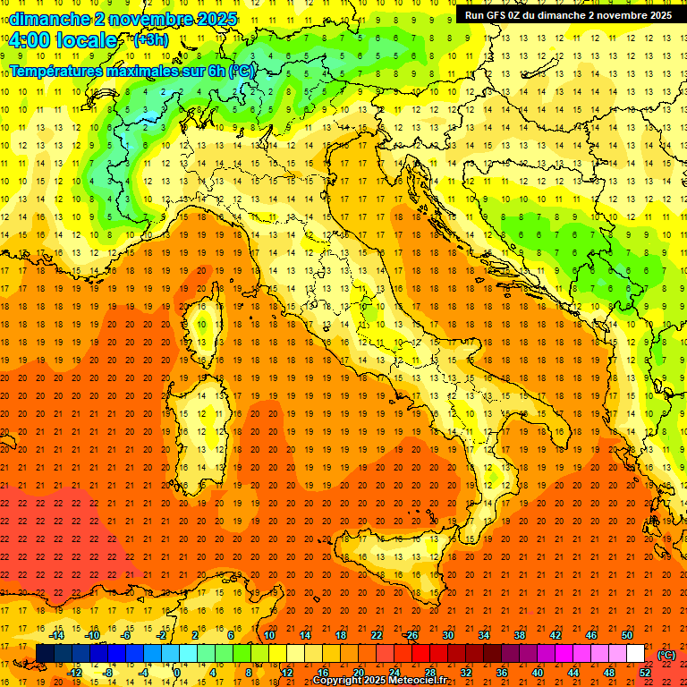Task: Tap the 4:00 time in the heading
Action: pyautogui.click(x=30, y=40)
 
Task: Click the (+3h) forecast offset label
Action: pyautogui.click(x=149, y=39)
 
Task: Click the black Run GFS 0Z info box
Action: pyautogui.click(x=567, y=14)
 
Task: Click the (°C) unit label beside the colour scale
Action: pyautogui.click(x=666, y=654)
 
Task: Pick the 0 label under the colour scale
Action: pyautogui.click(x=177, y=673)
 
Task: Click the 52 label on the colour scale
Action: pyautogui.click(x=645, y=673)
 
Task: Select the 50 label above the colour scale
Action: pyautogui.click(x=627, y=635)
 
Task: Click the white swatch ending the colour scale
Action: pyautogui.click(x=636, y=654)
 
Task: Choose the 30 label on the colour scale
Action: pyautogui.click(x=448, y=635)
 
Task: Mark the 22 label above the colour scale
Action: pyautogui.click(x=377, y=635)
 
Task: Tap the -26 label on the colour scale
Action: pyautogui.click(x=411, y=635)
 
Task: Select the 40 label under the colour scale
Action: pyautogui.click(x=538, y=673)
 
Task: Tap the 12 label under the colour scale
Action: pyautogui.click(x=287, y=673)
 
